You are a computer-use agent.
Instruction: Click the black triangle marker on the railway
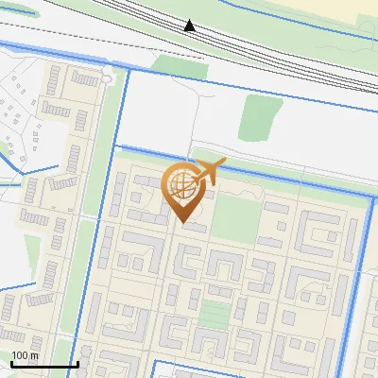[190, 26]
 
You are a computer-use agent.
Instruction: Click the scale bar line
[44, 365]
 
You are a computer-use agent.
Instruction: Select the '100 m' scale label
[26, 355]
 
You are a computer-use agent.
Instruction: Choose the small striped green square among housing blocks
[215, 315]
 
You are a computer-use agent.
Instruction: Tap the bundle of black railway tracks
[283, 57]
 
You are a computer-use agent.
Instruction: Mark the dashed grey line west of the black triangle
[94, 38]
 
